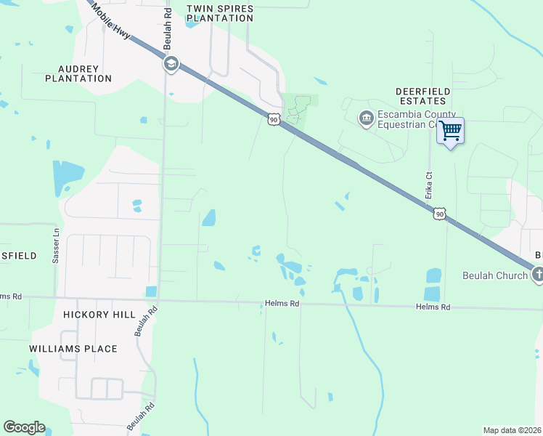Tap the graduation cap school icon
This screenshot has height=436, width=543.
[171, 65]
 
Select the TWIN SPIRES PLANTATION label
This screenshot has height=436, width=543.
[220, 14]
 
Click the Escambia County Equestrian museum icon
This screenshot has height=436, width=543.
[366, 117]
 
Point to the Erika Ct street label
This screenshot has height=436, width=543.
[429, 185]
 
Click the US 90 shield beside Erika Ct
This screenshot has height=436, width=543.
[438, 213]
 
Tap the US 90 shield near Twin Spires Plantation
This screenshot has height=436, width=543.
[273, 118]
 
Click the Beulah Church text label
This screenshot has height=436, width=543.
[495, 276]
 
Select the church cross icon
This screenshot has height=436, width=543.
[537, 275]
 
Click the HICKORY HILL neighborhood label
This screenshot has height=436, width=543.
[99, 315]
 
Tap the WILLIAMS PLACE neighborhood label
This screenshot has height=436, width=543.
[73, 349]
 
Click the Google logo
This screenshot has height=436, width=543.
[24, 427]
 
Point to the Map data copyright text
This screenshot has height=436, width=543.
[513, 430]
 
